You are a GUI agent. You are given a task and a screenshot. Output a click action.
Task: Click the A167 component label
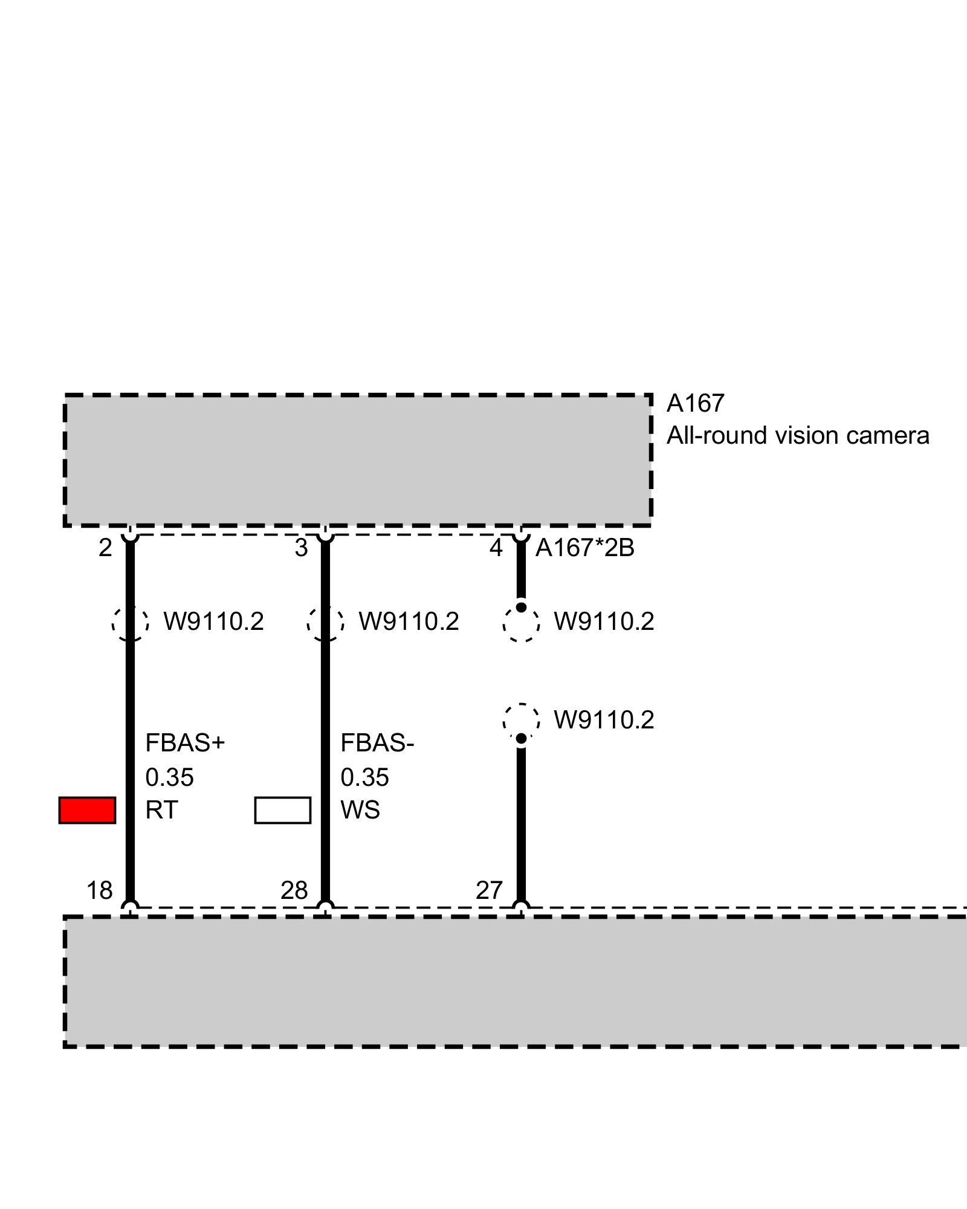(x=695, y=403)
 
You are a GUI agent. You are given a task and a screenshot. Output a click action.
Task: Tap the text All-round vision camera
(x=797, y=435)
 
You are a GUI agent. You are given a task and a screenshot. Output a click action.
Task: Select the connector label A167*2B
(x=584, y=548)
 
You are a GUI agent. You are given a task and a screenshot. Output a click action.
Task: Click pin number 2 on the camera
(x=105, y=548)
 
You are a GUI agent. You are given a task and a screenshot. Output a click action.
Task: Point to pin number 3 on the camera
(x=301, y=548)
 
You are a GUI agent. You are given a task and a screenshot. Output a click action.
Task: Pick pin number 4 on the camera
(x=496, y=548)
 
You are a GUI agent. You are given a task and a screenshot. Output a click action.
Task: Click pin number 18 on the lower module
(x=100, y=890)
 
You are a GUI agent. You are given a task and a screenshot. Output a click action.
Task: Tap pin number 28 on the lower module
(x=294, y=890)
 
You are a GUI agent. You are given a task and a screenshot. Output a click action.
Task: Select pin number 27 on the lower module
(x=489, y=890)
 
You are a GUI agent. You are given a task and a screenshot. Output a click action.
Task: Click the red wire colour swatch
(x=87, y=810)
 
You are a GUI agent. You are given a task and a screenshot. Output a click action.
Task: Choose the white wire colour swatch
(x=282, y=810)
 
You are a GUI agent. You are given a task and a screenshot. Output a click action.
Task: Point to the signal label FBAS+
(x=185, y=743)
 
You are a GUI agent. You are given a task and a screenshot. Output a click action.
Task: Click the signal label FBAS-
(x=377, y=743)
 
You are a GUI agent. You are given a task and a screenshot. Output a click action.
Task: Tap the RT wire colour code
(x=161, y=810)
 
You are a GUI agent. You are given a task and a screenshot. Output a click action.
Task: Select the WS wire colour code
(x=360, y=810)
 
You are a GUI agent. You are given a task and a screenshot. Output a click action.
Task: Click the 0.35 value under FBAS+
(x=169, y=777)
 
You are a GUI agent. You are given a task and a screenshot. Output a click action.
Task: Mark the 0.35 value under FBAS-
(x=364, y=777)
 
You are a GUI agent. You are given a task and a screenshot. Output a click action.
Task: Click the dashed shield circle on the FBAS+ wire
(x=130, y=622)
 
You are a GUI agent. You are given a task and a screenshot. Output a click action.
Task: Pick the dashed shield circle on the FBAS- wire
(x=325, y=622)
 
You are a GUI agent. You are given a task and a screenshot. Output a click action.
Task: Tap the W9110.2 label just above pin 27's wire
(x=604, y=720)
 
